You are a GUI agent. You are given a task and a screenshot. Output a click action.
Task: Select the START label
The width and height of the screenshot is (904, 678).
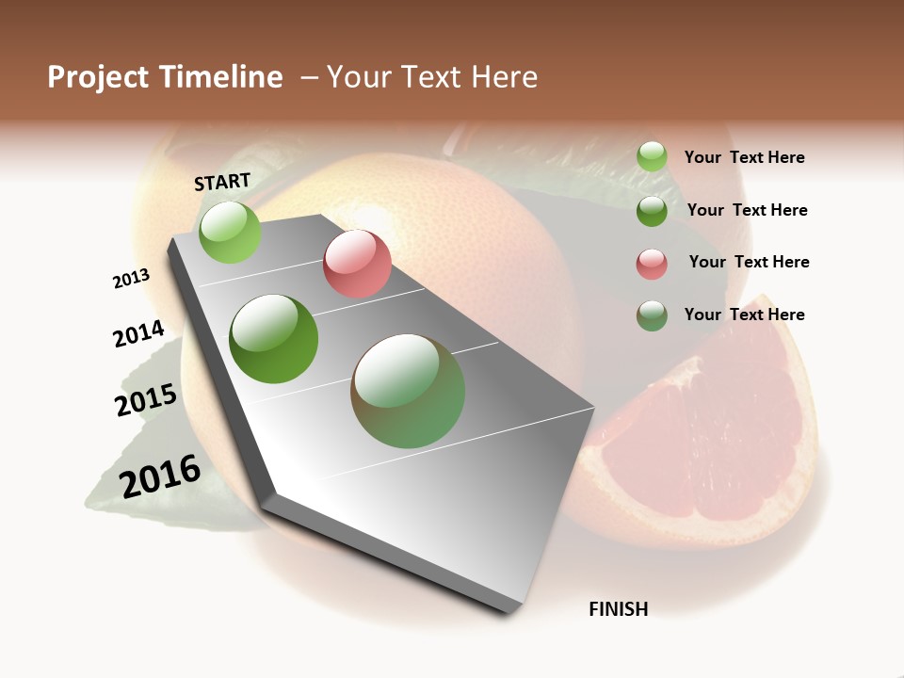pos(222,182)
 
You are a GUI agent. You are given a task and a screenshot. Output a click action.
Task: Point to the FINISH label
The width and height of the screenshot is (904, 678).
pos(618,609)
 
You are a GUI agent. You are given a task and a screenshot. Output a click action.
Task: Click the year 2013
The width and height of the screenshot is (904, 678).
pos(131,279)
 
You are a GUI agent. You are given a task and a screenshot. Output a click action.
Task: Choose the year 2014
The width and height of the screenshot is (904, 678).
pos(138,333)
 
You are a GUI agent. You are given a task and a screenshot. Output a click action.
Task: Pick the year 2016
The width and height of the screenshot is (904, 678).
pos(160,476)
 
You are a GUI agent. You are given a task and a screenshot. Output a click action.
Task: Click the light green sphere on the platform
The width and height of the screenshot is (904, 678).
pos(230,233)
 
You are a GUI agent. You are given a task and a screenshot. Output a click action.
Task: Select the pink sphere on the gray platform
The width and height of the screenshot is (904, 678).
pos(357,264)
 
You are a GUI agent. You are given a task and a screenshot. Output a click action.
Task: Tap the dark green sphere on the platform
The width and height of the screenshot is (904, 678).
pos(274,339)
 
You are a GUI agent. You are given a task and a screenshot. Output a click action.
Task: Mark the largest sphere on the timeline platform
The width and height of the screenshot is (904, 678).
pos(408,391)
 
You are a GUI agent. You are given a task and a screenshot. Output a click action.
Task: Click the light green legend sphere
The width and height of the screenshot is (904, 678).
pos(652,157)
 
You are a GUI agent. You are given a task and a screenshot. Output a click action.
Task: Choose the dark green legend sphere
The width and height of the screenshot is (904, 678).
pos(652,211)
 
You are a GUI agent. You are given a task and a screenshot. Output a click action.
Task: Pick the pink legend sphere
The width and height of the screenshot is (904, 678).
pos(652,264)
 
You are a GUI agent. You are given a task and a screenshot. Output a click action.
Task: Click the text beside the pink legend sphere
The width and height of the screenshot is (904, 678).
pos(749,262)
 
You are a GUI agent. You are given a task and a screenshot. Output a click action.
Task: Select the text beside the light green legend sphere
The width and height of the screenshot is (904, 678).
pos(744,158)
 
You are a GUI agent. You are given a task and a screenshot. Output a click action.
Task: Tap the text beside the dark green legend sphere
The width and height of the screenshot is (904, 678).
pos(747,210)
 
